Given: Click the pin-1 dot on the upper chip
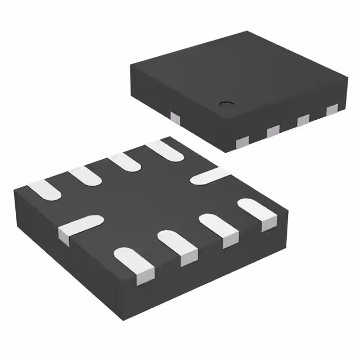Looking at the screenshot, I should [x=226, y=103].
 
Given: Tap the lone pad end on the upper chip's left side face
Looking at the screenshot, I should [x=175, y=117].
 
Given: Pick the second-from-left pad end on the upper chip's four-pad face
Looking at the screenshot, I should [x=273, y=130].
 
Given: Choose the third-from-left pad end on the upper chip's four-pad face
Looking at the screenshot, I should [x=303, y=119].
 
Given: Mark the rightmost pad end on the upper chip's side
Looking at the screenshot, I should [x=332, y=108].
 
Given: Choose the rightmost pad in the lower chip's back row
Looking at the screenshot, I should [x=164, y=148].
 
